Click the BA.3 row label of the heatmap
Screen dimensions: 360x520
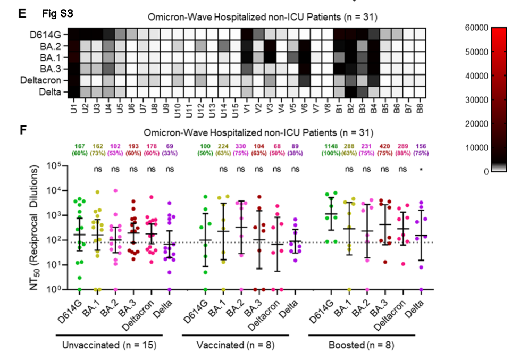(x=55, y=69)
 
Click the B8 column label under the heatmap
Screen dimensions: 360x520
(x=420, y=107)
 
